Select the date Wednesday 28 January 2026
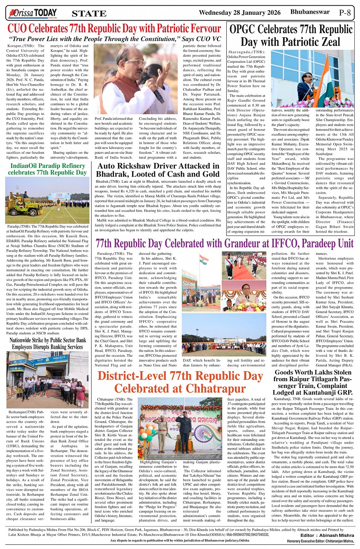point(240,13)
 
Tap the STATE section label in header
point(89,14)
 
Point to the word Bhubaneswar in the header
point(310,12)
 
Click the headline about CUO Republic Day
point(114,29)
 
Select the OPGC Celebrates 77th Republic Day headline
point(291,35)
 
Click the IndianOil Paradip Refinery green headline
point(48,169)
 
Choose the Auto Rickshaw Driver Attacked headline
point(158,170)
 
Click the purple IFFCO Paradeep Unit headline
point(224,243)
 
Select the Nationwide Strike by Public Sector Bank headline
point(48,343)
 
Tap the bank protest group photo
point(48,381)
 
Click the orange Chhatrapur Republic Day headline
point(180,382)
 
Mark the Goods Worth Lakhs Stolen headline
point(313,382)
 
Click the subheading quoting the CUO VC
point(115,39)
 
